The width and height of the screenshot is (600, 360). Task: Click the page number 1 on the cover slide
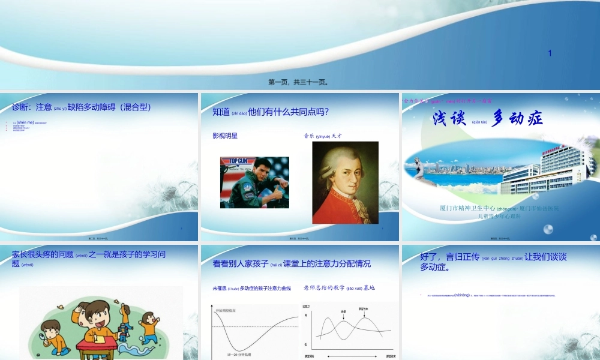point(549,53)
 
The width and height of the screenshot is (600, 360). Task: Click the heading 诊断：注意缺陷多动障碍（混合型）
point(82,107)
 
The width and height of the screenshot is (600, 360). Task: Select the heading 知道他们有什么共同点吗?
point(271,112)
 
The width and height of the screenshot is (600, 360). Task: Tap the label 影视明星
point(225,136)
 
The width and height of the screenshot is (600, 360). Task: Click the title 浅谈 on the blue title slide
point(449,119)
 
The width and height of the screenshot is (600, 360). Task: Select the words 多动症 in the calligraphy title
point(517,119)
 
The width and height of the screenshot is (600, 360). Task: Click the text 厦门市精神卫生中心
point(467,208)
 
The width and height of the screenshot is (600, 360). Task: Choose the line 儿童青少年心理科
point(499,216)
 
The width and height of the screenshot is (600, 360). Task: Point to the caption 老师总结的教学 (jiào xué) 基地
point(339,288)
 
